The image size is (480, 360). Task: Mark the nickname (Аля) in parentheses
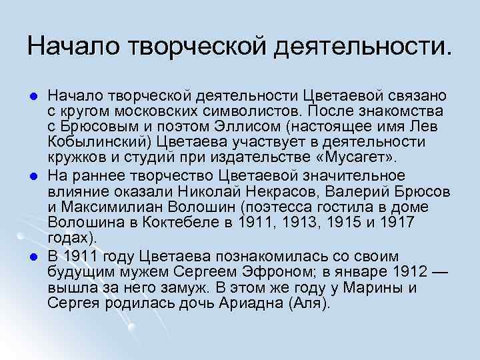(307, 303)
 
